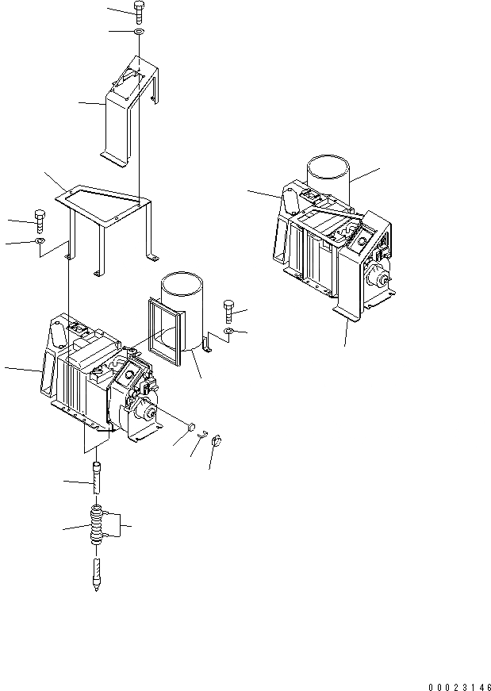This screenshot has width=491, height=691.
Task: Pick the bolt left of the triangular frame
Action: coord(40,220)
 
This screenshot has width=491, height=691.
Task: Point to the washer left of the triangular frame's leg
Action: coord(40,241)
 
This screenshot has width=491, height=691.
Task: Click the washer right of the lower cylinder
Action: coord(228,329)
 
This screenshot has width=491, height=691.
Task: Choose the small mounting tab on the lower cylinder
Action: coord(208,344)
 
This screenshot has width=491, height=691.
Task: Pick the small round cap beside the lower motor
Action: coord(191,429)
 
